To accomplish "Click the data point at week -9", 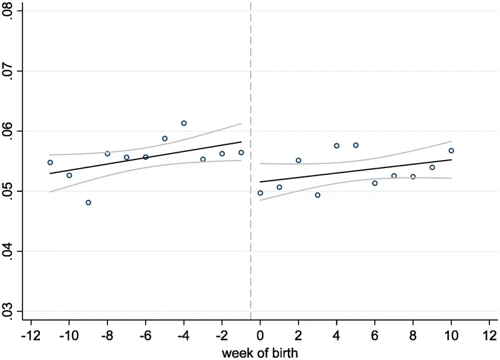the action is [x=88, y=202].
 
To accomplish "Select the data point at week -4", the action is [x=184, y=123].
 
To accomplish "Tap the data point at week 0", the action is [x=260, y=193].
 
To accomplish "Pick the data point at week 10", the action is [x=451, y=151].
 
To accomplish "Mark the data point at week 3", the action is [x=317, y=195].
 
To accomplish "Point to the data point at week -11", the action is [x=50, y=162].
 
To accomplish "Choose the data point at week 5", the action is [x=356, y=145].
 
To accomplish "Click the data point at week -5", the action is [x=165, y=138].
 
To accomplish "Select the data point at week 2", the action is [x=299, y=160].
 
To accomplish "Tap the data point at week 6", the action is [x=375, y=183].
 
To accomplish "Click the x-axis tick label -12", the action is [x=31, y=336].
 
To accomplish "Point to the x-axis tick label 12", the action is [x=489, y=336].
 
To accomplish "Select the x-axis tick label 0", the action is [x=260, y=336].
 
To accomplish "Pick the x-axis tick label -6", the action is [x=146, y=336].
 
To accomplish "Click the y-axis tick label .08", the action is [x=7, y=11].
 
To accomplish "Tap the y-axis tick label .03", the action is [x=7, y=311].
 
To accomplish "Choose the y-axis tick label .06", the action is [x=7, y=131].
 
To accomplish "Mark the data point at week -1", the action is [x=241, y=152].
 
